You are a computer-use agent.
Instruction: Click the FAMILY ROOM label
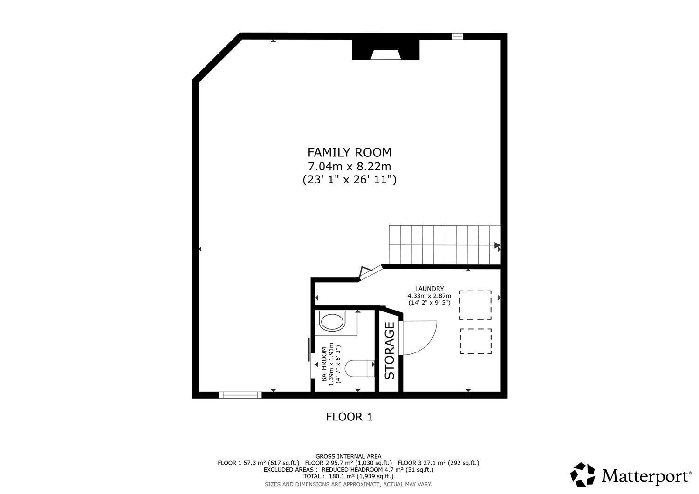click(x=349, y=153)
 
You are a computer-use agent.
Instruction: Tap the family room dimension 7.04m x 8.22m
click(x=349, y=167)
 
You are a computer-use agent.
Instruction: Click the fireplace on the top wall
click(x=386, y=50)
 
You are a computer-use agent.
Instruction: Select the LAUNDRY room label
click(x=429, y=289)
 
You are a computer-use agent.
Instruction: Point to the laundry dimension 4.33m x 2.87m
click(x=429, y=296)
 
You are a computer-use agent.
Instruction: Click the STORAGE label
click(x=390, y=351)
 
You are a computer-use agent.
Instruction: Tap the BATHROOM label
click(x=324, y=364)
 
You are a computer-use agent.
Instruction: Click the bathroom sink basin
click(x=332, y=322)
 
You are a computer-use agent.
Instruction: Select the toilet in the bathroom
click(x=360, y=368)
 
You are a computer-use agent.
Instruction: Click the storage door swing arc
click(x=431, y=343)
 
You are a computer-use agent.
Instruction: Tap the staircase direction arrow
click(x=497, y=245)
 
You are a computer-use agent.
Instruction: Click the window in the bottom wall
click(x=240, y=395)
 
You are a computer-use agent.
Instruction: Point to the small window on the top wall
click(x=458, y=36)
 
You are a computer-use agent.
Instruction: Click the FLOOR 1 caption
click(x=349, y=417)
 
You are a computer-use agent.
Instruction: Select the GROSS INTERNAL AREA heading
click(x=348, y=457)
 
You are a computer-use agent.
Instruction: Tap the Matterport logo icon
click(x=582, y=474)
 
